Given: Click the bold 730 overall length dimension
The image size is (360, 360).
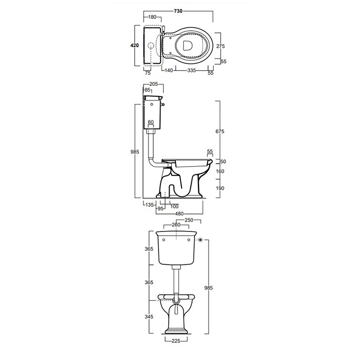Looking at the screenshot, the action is click(x=178, y=11).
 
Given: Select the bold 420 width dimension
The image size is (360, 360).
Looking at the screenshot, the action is click(x=135, y=45).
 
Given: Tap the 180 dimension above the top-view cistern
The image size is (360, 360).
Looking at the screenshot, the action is click(x=152, y=17).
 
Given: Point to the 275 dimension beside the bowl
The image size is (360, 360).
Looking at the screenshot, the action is click(x=221, y=46).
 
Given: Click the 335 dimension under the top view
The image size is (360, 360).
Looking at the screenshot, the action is click(x=191, y=70).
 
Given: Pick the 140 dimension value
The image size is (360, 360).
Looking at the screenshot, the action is click(x=169, y=70).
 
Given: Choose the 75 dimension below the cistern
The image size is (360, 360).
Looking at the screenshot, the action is click(x=148, y=73).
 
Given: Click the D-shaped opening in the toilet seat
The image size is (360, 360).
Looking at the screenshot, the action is click(x=188, y=45).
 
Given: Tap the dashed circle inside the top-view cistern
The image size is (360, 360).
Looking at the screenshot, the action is click(x=150, y=46).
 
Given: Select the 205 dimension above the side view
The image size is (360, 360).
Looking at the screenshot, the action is click(x=153, y=84).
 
